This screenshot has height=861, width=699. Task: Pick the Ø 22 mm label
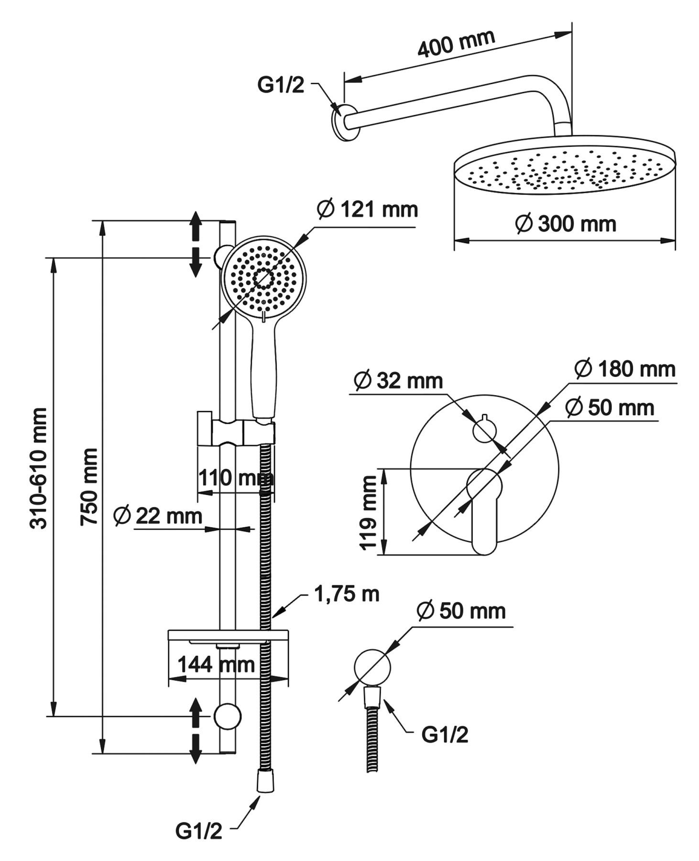(158, 516)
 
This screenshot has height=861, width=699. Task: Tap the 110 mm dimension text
(236, 477)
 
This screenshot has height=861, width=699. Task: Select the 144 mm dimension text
(216, 664)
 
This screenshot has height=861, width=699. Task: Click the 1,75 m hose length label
(347, 594)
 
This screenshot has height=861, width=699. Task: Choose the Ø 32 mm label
(398, 381)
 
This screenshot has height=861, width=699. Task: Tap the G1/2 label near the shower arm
(281, 86)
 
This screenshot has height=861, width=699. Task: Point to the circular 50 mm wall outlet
(372, 668)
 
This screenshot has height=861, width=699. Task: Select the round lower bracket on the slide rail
(228, 717)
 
